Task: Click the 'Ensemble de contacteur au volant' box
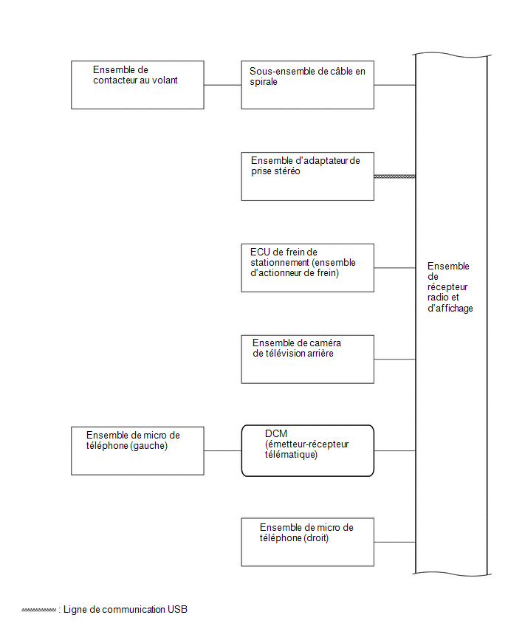[x=137, y=85]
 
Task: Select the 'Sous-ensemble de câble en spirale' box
[x=307, y=85]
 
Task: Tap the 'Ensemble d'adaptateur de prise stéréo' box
[x=307, y=176]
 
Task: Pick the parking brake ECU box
[x=307, y=267]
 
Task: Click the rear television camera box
[x=307, y=359]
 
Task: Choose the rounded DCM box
[x=307, y=450]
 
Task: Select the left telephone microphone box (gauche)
[x=137, y=450]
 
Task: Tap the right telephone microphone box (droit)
[x=307, y=542]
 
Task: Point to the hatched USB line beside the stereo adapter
[x=394, y=176]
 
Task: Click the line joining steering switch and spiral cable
[x=223, y=85]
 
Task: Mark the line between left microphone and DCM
[x=223, y=450]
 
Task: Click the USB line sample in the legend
[x=38, y=610]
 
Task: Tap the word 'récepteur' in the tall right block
[x=447, y=287]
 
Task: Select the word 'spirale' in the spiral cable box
[x=263, y=82]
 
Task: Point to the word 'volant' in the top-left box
[x=165, y=80]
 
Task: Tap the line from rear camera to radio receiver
[x=395, y=359]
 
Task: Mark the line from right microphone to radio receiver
[x=395, y=542]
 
